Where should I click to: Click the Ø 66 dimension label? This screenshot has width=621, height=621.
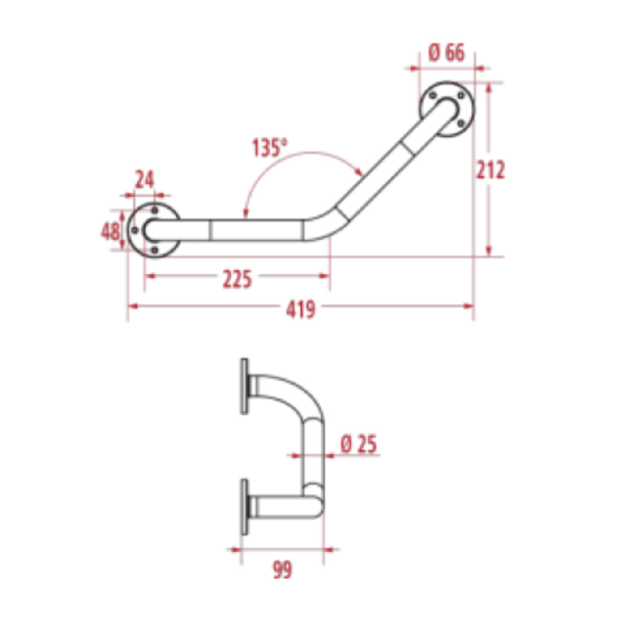pos(446,53)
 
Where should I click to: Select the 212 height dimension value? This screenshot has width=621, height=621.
pos(490,170)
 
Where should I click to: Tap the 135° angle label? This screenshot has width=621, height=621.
pos(269,148)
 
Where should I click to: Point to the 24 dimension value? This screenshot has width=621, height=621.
pos(145,180)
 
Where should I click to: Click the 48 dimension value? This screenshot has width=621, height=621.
pos(110,231)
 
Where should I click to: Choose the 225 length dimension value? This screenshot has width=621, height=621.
pos(237,279)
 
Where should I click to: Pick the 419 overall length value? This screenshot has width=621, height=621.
pos(300,309)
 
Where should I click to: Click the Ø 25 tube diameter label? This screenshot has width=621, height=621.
pos(359,445)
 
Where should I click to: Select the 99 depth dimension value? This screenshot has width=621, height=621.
pos(282,570)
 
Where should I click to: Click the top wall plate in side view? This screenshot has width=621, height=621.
pos(244,386)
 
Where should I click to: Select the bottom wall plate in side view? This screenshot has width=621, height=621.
pos(244,507)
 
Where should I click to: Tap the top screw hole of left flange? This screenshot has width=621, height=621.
pos(154,210)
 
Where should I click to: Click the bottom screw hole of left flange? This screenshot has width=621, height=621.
pos(154,250)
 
